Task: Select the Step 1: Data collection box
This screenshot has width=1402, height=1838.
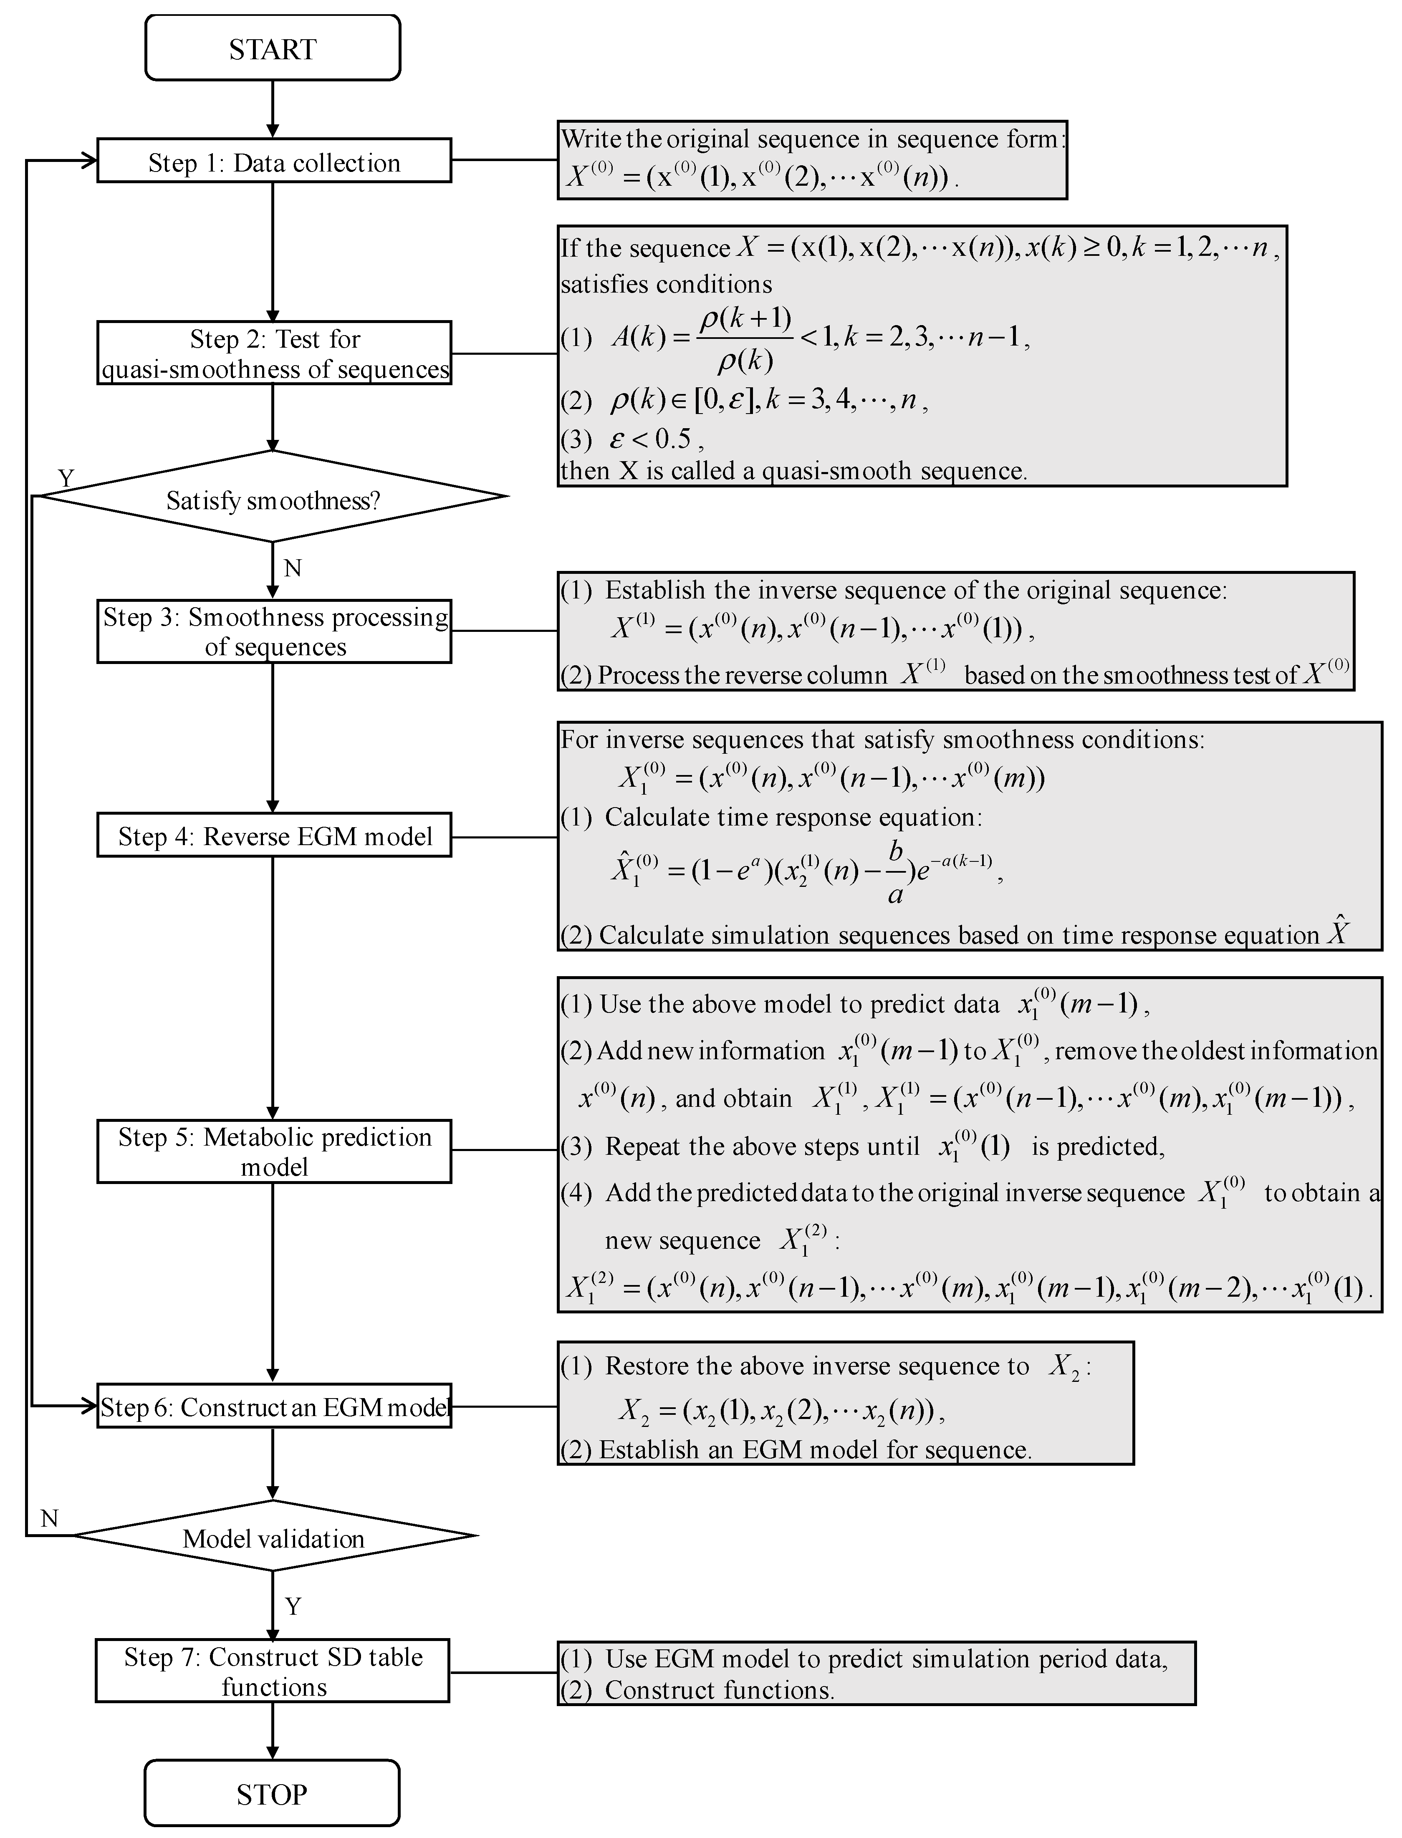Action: pyautogui.click(x=274, y=161)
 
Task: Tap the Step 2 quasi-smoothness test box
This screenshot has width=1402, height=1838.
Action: pyautogui.click(x=274, y=353)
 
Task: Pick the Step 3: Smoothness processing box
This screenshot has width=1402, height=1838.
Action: pyautogui.click(x=274, y=631)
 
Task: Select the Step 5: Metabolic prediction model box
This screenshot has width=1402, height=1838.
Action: pyautogui.click(x=274, y=1151)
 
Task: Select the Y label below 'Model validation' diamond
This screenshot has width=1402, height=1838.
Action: pyautogui.click(x=293, y=1606)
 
